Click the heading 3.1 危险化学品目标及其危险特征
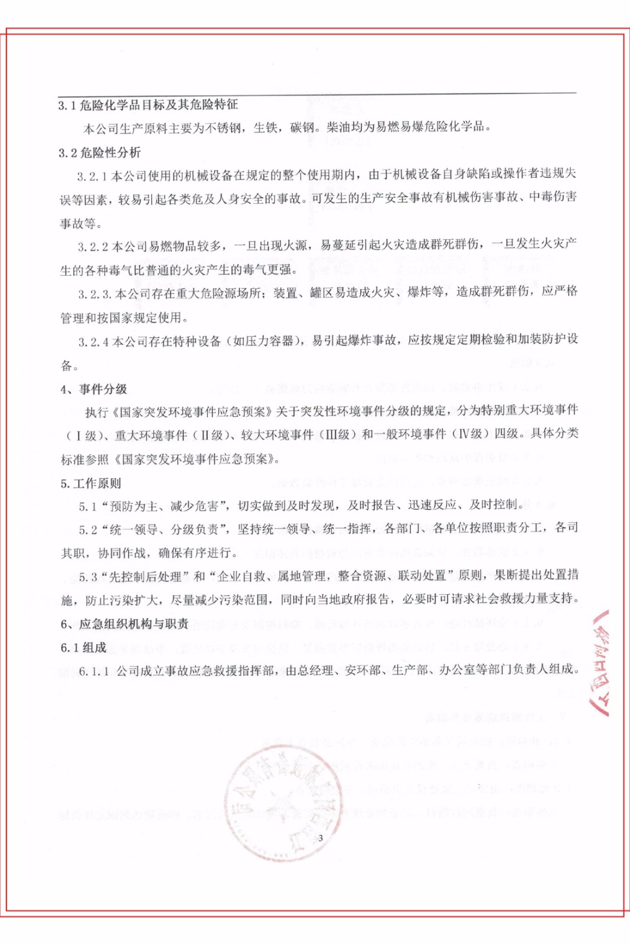point(148,105)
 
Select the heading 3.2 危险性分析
point(99,153)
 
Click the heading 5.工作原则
point(90,484)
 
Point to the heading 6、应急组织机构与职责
point(124,624)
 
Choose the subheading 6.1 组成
point(83,648)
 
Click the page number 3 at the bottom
point(321,838)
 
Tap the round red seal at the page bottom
point(283,800)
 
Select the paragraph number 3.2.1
point(92,176)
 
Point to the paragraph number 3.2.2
point(93,247)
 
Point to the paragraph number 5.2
point(87,530)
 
